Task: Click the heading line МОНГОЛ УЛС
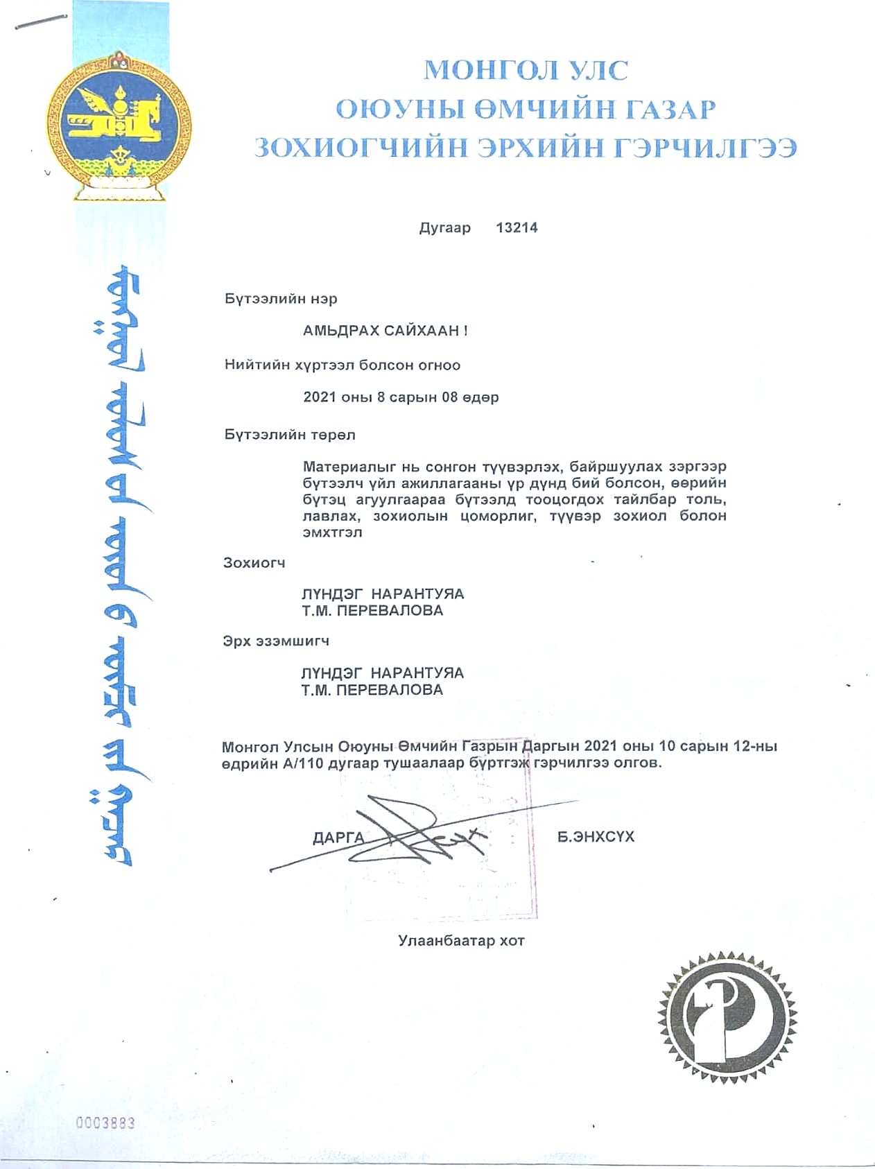(x=526, y=71)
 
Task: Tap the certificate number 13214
(x=517, y=227)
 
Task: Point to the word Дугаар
(x=444, y=228)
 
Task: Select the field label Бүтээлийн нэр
(x=281, y=299)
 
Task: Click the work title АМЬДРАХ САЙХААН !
(x=385, y=331)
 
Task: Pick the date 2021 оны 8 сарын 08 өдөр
(x=401, y=397)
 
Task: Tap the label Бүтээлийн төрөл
(x=290, y=435)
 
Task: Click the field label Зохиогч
(x=254, y=563)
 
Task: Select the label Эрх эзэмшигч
(x=276, y=641)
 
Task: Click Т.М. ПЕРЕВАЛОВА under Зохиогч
(x=372, y=611)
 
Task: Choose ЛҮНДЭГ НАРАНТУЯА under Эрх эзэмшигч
(x=382, y=673)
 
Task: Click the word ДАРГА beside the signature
(x=338, y=838)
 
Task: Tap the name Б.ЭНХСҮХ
(x=596, y=837)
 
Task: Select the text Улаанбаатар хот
(x=461, y=941)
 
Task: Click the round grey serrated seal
(x=727, y=1017)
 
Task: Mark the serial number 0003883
(x=105, y=1123)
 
